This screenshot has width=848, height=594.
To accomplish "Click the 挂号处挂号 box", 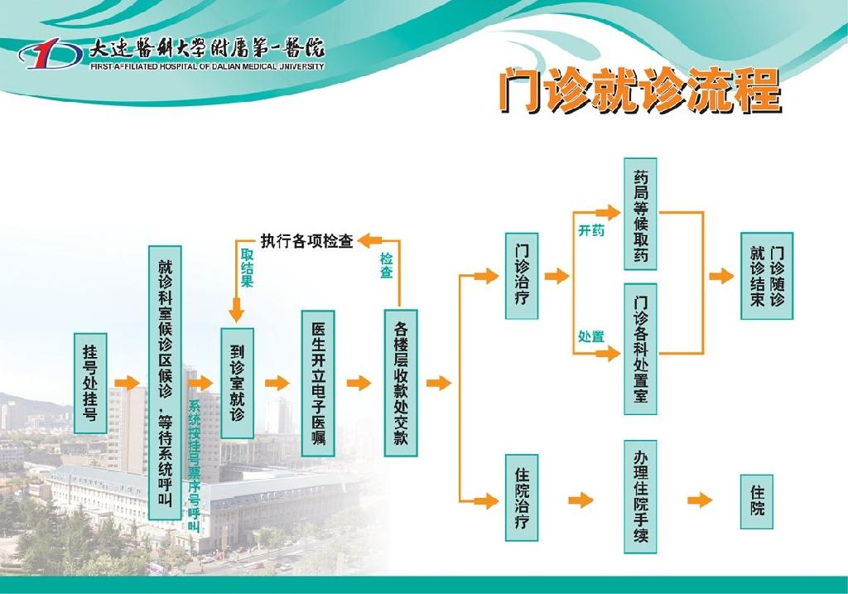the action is coord(90,383).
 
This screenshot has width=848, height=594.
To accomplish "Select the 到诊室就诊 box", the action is coord(237,383).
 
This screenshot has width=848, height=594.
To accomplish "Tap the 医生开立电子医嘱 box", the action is coord(318,384).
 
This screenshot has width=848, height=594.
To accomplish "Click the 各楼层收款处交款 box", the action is coord(401,384).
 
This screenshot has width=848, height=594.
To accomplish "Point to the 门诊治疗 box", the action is coord(522,276).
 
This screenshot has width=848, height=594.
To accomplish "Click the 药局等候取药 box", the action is coord(640,215).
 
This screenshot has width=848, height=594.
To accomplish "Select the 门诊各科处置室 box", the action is coord(640,350).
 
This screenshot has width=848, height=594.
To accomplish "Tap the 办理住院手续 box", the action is coord(640,496).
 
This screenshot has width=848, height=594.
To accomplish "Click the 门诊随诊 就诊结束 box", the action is coord(767,276).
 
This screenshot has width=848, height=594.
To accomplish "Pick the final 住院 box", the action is coord(757,501).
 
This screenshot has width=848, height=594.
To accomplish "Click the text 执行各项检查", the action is coord(306,241).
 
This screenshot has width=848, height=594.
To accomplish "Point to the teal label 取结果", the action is coord(247,268).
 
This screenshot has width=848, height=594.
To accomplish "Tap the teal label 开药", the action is coord(591,230).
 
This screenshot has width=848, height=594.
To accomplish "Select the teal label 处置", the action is coord(591,336).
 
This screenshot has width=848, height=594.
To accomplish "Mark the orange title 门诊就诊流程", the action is coord(640,90).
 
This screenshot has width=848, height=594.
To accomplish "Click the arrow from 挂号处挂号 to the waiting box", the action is coord(128,383).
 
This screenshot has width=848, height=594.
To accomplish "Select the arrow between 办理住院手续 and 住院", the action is coord(700,500).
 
